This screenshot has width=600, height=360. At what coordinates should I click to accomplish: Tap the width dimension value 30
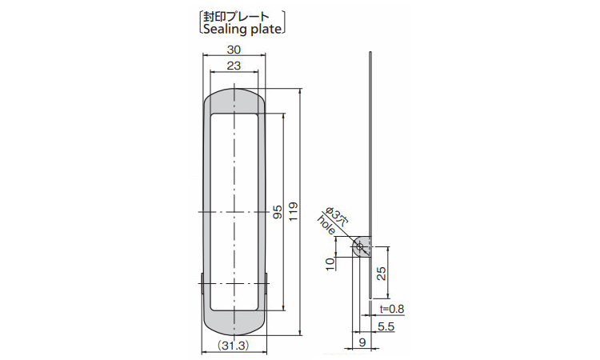tap(234, 50)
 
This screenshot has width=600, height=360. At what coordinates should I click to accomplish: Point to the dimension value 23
tap(234, 66)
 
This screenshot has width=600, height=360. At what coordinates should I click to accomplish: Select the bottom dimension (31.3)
tap(234, 346)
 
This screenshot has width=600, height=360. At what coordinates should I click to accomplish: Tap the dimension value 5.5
tap(386, 326)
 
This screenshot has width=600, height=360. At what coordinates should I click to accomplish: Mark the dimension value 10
tap(330, 264)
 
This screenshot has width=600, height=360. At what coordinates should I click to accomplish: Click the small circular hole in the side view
tap(360, 246)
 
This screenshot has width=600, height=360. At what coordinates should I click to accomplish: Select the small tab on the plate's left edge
tap(201, 284)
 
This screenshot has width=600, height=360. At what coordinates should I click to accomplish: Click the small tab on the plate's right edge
tap(268, 284)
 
